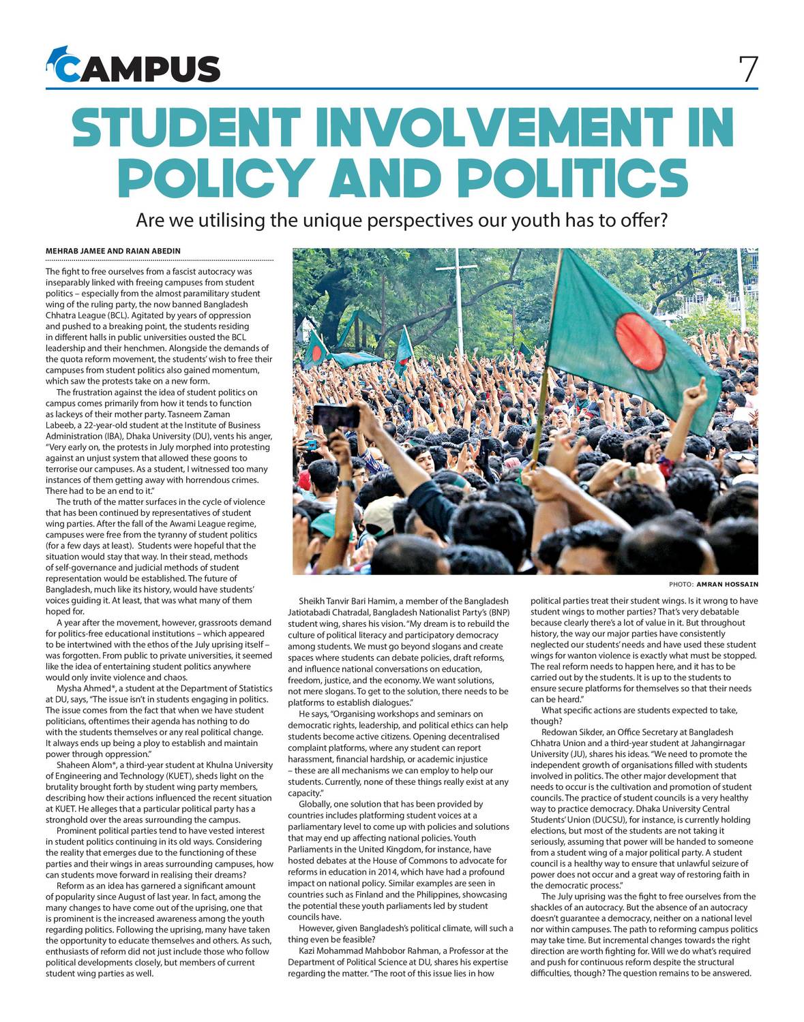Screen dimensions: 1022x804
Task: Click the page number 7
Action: pyautogui.click(x=748, y=69)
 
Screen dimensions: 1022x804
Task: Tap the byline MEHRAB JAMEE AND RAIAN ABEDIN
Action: pyautogui.click(x=113, y=251)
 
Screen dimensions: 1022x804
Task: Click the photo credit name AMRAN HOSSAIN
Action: pyautogui.click(x=727, y=584)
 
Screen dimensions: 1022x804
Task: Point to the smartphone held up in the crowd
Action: pyautogui.click(x=335, y=415)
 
